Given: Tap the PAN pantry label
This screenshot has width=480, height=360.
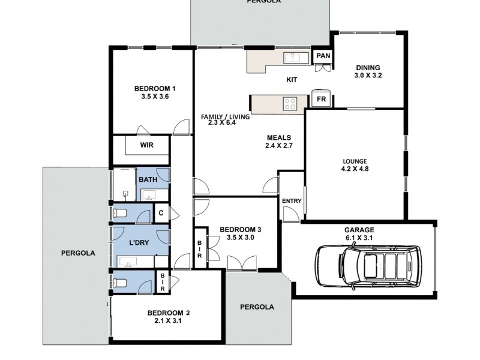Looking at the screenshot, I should pos(323,56).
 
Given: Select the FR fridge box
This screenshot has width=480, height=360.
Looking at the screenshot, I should pos(321,99).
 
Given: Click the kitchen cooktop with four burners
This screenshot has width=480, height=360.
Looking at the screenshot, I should pos(290,103).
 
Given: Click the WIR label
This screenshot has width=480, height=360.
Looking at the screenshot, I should pos(147,145).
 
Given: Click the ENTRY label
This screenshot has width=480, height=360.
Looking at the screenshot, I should pos(291,201).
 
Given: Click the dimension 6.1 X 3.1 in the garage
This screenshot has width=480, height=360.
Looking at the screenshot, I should pos(359,238).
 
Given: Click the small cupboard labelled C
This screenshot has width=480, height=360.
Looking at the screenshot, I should pos(161,212).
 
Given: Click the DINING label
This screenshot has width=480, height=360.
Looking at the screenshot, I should pos(368,67).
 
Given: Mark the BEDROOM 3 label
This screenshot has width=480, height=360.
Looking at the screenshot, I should pos(240,229).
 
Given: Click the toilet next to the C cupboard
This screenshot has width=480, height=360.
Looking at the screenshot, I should pos(120,213).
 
